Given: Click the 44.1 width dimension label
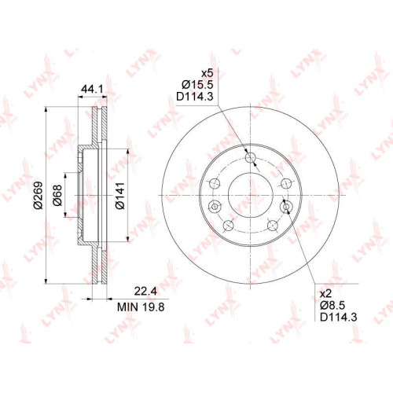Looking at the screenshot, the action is click(x=92, y=90).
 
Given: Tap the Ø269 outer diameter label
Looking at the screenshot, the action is click(x=39, y=195).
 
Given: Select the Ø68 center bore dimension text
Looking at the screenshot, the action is click(x=57, y=195).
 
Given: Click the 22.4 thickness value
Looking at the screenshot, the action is click(x=145, y=291).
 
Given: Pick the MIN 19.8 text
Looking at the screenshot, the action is click(x=141, y=307).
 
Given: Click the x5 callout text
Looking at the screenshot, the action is click(x=207, y=73).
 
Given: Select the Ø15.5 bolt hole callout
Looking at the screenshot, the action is click(x=197, y=85).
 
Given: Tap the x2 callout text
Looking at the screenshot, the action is click(x=326, y=294).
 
